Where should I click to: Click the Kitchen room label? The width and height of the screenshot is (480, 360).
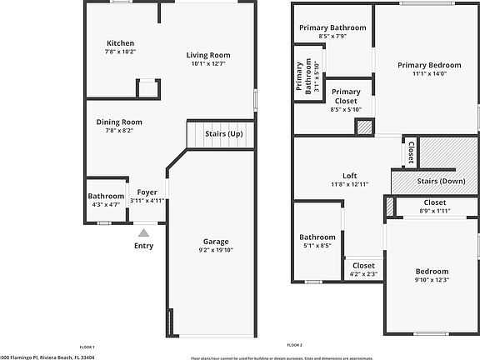click(x=120, y=43)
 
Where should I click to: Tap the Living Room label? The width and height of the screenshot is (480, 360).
click(x=208, y=56)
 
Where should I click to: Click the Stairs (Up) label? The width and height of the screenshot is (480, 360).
click(x=224, y=134)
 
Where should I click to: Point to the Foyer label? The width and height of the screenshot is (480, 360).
click(x=147, y=192)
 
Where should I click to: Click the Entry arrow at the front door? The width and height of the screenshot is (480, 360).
click(x=143, y=234)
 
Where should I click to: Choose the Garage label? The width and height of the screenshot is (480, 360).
click(x=216, y=242)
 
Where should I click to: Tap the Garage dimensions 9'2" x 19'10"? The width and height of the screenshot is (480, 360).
click(x=216, y=250)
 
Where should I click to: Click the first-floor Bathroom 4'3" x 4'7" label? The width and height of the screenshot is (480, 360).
click(x=106, y=197)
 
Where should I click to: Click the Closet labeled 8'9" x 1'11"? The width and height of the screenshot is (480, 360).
click(x=434, y=202)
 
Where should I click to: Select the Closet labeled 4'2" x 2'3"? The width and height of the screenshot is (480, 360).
click(x=363, y=266)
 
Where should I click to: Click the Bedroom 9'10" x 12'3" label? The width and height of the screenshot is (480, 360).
click(x=432, y=272)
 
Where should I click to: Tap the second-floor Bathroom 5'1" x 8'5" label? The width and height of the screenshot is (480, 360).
click(x=318, y=237)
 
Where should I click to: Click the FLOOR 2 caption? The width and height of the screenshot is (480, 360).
click(x=294, y=345)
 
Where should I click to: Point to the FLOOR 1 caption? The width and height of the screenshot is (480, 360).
click(x=87, y=347)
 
